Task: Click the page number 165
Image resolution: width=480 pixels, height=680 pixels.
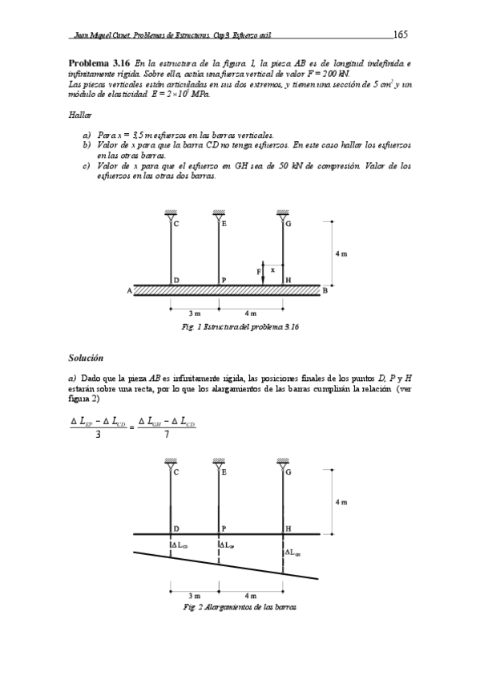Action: pyautogui.click(x=401, y=34)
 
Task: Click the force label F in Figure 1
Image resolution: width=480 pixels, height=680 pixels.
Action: pyautogui.click(x=257, y=272)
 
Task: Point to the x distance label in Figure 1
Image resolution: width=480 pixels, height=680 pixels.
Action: pyautogui.click(x=272, y=270)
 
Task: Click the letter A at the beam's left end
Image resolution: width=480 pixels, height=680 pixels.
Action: pyautogui.click(x=129, y=291)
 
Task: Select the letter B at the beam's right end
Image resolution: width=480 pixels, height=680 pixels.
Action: pyautogui.click(x=325, y=290)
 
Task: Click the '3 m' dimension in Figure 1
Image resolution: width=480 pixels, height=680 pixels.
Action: pyautogui.click(x=194, y=313)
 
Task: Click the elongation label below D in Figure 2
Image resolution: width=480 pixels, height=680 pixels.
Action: pyautogui.click(x=179, y=546)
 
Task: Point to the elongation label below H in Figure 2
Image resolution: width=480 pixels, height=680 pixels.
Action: pyautogui.click(x=292, y=551)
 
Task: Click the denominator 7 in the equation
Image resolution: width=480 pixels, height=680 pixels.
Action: pyautogui.click(x=166, y=435)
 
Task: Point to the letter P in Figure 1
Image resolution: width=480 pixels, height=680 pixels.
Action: pyautogui.click(x=224, y=280)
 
